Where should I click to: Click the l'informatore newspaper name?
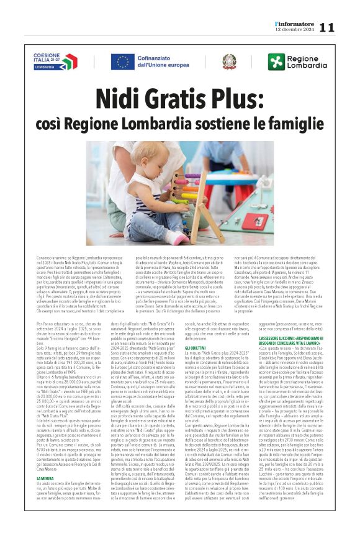(297, 23)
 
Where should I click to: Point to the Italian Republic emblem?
(229, 61)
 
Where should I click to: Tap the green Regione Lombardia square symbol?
(276, 61)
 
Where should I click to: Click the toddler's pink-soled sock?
(179, 238)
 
